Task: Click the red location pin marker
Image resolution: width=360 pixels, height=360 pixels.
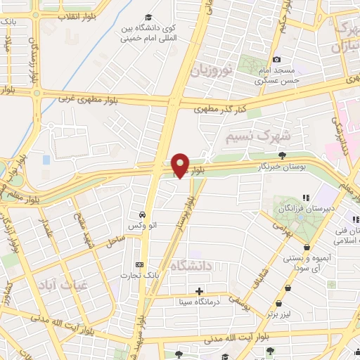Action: [x=180, y=165]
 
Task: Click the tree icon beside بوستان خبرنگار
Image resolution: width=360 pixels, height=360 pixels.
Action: [x=283, y=155]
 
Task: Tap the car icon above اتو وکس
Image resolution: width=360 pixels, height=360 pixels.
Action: [x=143, y=214]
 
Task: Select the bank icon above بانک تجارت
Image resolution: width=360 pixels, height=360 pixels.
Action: [x=139, y=265]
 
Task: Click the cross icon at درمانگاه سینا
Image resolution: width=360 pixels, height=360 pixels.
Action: [x=200, y=290]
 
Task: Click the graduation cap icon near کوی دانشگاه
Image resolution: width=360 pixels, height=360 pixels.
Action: [x=148, y=18]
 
